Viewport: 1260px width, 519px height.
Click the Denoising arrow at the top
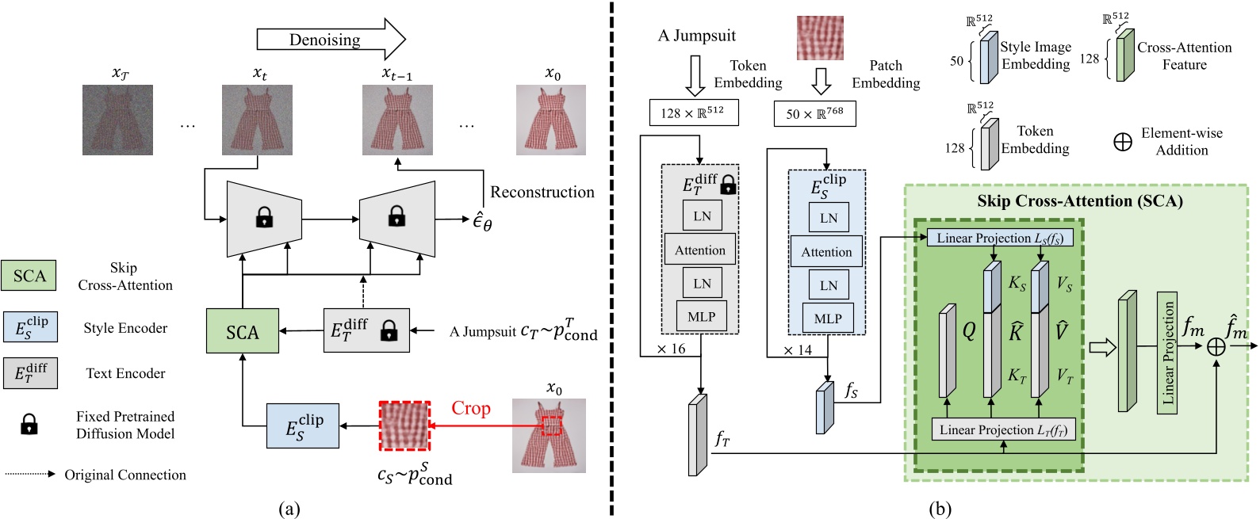coord(330,40)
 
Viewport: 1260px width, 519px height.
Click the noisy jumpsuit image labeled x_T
coord(118,120)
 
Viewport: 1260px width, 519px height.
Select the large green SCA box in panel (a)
coord(243,331)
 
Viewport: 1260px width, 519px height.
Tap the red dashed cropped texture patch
coord(404,426)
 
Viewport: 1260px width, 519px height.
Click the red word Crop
coord(471,408)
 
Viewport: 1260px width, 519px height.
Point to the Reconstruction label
coord(542,193)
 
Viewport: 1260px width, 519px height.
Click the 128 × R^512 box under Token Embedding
coord(692,113)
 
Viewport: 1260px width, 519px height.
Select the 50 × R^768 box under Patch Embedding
coord(814,113)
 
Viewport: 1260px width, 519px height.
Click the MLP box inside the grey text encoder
coord(701,317)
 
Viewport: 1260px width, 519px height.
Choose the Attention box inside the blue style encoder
coord(826,252)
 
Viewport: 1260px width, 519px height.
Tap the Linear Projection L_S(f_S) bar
coord(999,238)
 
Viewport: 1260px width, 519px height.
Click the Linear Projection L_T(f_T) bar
coord(1003,429)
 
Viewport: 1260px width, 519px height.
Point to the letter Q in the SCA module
coord(969,331)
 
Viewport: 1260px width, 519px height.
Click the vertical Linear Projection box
coord(1167,352)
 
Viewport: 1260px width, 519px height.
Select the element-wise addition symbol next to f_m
coord(1216,346)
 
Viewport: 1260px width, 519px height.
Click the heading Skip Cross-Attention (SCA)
coord(1079,201)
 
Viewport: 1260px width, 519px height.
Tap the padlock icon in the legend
coord(29,425)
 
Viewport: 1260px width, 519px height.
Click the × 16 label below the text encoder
coord(671,349)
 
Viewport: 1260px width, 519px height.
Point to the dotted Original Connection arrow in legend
coord(30,475)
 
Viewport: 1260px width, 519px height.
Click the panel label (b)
coord(941,509)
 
